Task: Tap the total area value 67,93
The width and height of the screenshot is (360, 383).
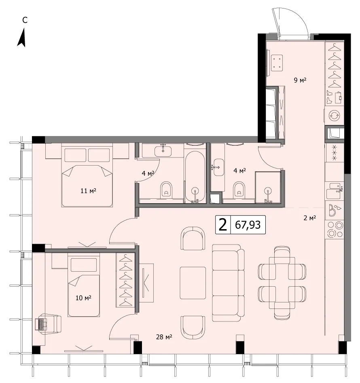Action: tap(248, 225)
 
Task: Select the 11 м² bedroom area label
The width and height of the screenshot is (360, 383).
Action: tap(88, 191)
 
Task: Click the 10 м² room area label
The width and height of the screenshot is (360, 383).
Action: tap(83, 298)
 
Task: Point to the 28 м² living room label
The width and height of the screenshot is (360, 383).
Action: tap(164, 337)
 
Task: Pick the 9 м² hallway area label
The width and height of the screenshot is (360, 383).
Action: tap(300, 80)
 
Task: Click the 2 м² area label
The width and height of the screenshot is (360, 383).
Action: tap(310, 218)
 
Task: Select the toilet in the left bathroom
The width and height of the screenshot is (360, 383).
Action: tap(166, 190)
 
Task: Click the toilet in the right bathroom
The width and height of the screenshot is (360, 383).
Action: tap(239, 190)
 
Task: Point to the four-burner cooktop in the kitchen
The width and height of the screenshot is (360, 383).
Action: tap(335, 230)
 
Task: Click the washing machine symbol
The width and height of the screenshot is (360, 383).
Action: tap(334, 115)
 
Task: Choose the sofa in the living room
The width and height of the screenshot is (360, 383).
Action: tap(228, 283)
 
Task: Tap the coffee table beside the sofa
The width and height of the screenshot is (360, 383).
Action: tap(193, 283)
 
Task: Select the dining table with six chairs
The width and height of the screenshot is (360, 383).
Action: tap(282, 283)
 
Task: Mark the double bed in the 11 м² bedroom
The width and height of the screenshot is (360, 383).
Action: tap(87, 175)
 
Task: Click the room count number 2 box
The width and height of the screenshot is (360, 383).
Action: tap(223, 225)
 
